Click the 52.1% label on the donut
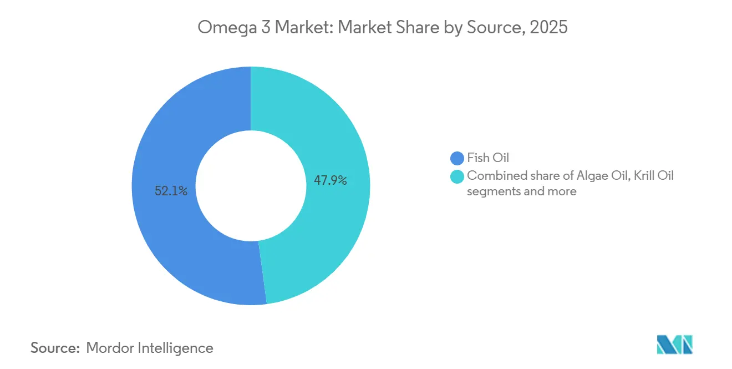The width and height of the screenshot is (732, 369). click(x=171, y=191)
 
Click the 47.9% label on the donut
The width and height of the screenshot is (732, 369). click(x=331, y=180)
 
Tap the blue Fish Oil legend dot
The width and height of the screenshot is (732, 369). click(x=457, y=158)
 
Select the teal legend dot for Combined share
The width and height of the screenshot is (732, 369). click(x=457, y=176)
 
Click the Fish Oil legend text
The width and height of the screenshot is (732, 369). click(x=488, y=158)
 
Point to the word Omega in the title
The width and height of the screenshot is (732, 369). click(x=227, y=28)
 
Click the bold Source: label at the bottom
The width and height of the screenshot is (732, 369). click(x=55, y=348)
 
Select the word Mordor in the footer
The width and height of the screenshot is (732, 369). click(x=109, y=348)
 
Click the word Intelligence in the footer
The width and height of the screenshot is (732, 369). click(x=175, y=348)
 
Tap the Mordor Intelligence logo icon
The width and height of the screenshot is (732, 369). click(x=674, y=345)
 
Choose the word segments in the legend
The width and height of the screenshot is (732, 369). click(x=493, y=191)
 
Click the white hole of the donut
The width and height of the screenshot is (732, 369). click(x=251, y=186)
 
